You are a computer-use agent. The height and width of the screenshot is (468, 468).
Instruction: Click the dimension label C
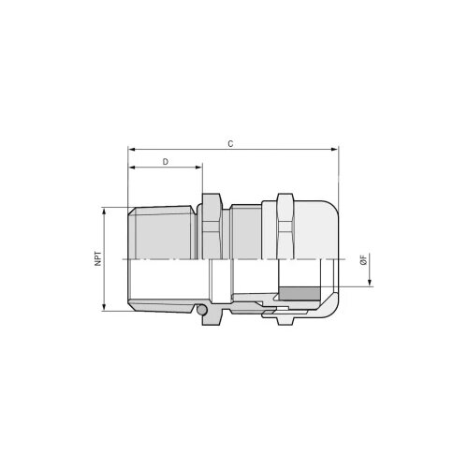(230, 144)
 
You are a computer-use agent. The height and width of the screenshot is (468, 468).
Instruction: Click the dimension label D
(166, 162)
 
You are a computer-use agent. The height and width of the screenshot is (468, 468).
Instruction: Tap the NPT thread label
(98, 258)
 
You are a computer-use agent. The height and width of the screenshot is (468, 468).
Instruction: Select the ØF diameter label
(363, 259)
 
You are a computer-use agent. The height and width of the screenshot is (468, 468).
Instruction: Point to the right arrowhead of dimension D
(198, 168)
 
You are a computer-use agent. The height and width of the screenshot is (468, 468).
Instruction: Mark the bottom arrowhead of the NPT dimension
(104, 307)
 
